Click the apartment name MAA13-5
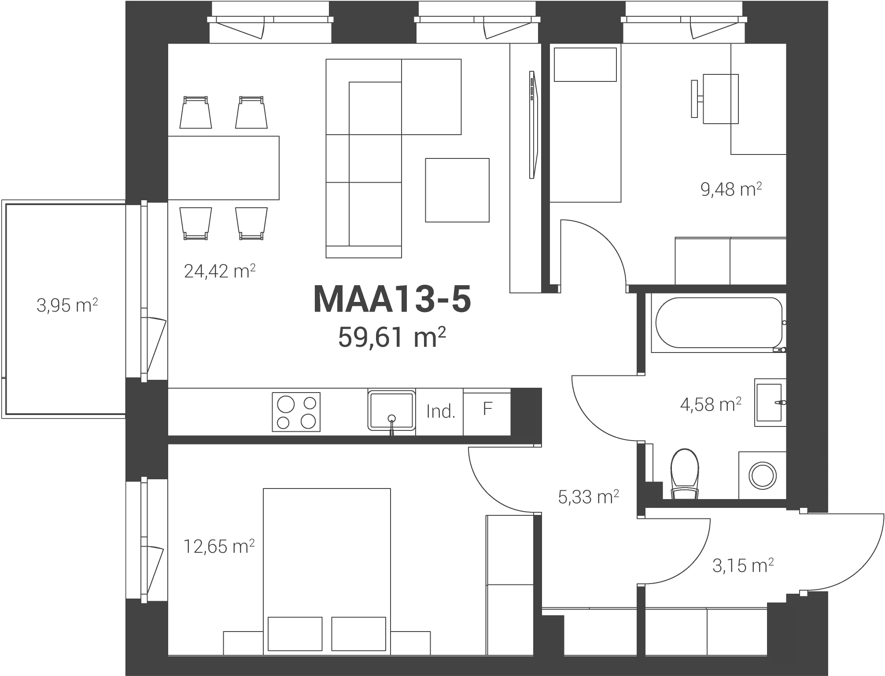click(x=392, y=300)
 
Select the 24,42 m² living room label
click(x=220, y=271)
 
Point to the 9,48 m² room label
click(x=731, y=189)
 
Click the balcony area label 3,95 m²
click(x=67, y=305)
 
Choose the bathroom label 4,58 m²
click(x=711, y=404)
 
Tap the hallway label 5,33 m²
click(x=588, y=497)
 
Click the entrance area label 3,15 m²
click(x=743, y=566)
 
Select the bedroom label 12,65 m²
click(x=219, y=546)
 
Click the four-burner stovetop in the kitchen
click(x=296, y=412)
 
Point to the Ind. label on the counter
click(x=440, y=411)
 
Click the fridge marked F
click(x=487, y=412)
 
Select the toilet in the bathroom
click(x=685, y=474)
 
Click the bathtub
click(x=719, y=323)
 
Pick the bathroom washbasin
click(x=770, y=402)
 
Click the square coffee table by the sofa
click(x=457, y=190)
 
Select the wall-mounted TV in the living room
click(x=533, y=125)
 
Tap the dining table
click(x=224, y=168)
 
